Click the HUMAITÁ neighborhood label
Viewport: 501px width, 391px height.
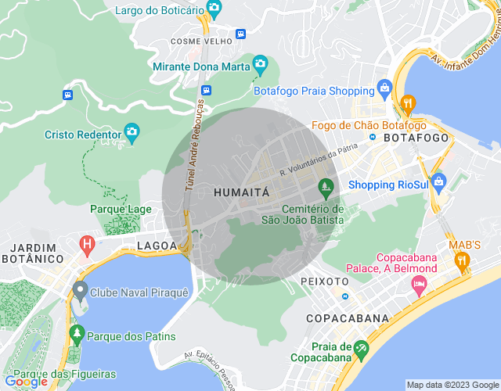point(241,191)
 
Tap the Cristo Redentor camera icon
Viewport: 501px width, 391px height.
point(132,134)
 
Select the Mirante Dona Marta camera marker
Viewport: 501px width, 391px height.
point(260,65)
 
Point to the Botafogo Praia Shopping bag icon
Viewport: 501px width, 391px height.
point(384,87)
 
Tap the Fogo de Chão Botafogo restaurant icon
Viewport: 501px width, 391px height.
point(407,105)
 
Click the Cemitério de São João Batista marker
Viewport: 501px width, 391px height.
point(326,188)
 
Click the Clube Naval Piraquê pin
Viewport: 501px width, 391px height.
point(79,292)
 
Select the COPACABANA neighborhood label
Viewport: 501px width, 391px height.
point(348,318)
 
